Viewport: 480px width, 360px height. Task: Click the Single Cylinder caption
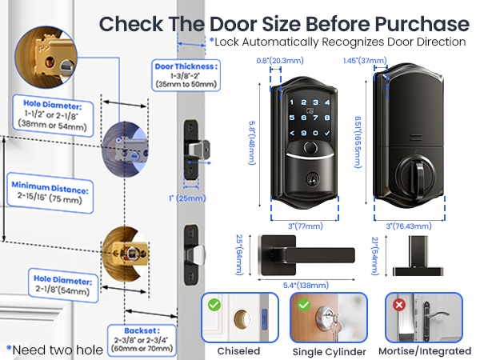(x=328, y=350)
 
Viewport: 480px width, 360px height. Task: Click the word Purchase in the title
(x=419, y=21)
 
